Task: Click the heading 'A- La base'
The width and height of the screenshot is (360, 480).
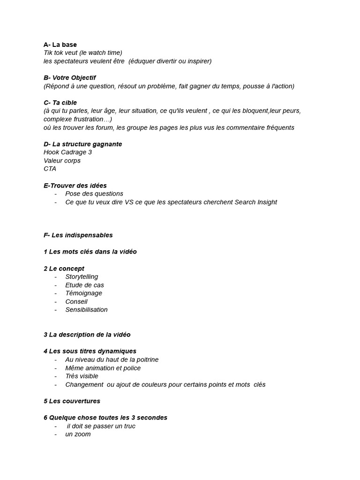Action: (60, 45)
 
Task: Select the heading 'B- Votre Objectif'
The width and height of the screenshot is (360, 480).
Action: (69, 78)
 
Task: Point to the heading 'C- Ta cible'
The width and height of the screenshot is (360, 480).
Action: (60, 103)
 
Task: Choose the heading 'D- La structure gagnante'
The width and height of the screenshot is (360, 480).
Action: (82, 144)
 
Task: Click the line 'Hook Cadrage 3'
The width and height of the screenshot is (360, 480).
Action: (67, 152)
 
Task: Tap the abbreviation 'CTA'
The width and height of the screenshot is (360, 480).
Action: (50, 169)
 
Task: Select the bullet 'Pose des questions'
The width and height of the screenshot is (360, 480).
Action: (94, 194)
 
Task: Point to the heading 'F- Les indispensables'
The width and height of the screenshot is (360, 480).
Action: (78, 235)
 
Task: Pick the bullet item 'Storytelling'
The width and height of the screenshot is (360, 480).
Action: (82, 277)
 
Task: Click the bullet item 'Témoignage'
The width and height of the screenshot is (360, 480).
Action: (83, 293)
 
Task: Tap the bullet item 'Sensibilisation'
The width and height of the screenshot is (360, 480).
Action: (86, 309)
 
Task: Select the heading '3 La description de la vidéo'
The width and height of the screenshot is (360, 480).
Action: (87, 335)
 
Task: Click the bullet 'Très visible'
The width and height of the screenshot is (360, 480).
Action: (82, 376)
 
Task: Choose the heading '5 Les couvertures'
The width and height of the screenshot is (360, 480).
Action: (72, 401)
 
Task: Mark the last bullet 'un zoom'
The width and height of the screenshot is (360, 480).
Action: (78, 434)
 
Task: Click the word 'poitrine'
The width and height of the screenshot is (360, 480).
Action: (146, 360)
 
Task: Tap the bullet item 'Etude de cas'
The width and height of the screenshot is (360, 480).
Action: (84, 285)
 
